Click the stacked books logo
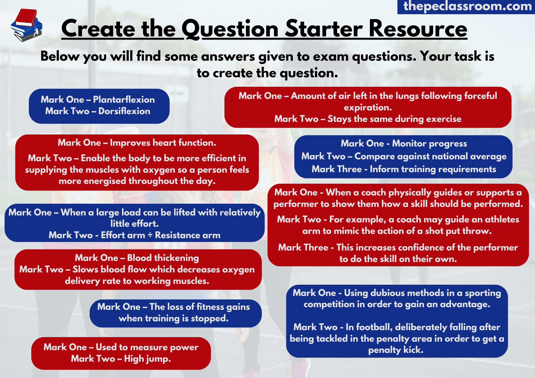point(26,25)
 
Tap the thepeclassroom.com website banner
point(466,7)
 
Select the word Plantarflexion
point(124,100)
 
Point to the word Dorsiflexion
point(124,111)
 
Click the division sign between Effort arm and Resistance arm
point(150,235)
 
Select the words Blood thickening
point(163,258)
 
